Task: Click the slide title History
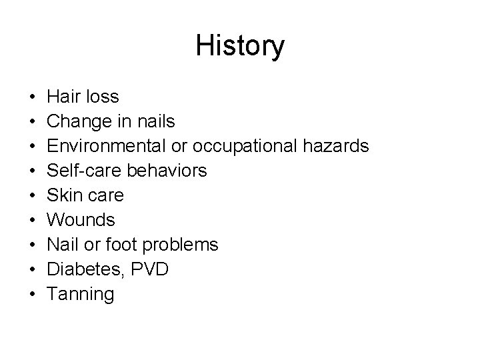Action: point(240,46)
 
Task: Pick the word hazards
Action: point(337,147)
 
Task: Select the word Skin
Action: point(65,196)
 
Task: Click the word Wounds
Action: point(82,221)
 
